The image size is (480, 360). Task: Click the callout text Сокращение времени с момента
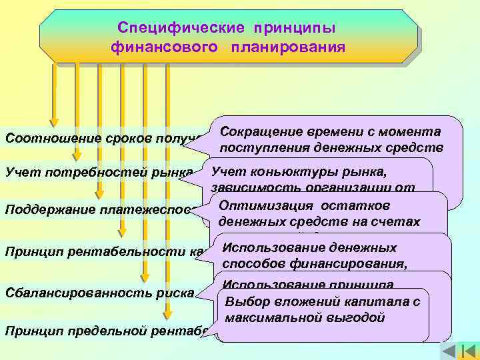click(330, 131)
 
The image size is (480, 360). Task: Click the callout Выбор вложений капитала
click(323, 301)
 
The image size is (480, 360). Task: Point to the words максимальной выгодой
click(305, 317)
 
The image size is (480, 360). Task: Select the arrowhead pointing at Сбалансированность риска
click(145, 280)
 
